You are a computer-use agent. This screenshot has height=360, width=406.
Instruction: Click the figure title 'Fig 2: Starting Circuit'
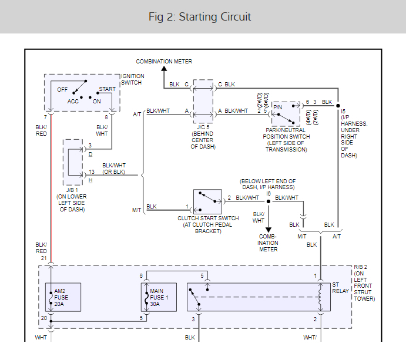click(x=200, y=16)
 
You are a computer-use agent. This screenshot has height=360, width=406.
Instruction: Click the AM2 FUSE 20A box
click(x=63, y=297)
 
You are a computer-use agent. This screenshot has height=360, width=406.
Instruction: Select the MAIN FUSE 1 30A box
click(x=155, y=297)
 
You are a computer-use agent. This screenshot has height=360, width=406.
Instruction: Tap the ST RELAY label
click(x=340, y=288)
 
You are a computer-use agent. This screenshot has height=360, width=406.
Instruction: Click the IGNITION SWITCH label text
click(x=132, y=80)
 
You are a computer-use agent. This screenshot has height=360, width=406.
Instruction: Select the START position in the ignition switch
click(x=107, y=89)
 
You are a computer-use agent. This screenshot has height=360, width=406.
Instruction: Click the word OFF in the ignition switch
click(x=62, y=90)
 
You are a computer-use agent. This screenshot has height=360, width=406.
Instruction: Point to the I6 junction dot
click(x=269, y=201)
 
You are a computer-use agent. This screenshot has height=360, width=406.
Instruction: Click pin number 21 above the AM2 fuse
click(x=43, y=258)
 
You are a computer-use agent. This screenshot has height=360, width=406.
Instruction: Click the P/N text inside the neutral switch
click(x=278, y=107)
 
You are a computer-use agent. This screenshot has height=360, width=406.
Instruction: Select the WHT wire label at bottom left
click(x=41, y=338)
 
